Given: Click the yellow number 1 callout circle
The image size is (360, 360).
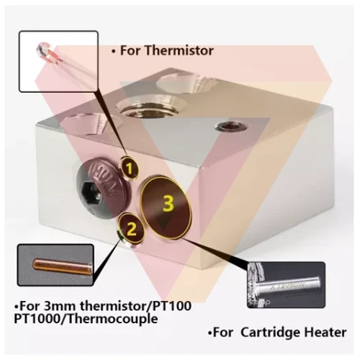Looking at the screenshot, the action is (130, 168).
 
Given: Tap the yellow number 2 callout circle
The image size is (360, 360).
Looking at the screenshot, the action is (132, 229).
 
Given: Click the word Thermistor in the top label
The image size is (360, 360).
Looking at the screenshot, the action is (179, 50).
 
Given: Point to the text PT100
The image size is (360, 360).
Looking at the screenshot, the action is (172, 305).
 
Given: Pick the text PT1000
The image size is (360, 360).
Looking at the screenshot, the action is (37, 319).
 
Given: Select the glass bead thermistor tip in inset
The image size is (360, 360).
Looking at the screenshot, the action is (42, 49).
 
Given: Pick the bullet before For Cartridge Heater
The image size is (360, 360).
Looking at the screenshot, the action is (210, 333).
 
